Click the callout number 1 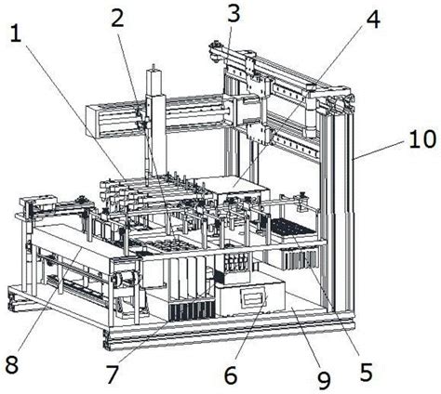click(x=16, y=33)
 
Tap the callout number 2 click(x=117, y=19)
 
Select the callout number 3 click(x=234, y=13)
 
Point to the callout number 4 click(x=373, y=19)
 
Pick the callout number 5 click(x=367, y=372)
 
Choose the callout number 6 click(x=231, y=374)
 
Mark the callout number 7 click(x=113, y=374)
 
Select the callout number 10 click(x=422, y=139)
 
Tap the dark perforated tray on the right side click(x=291, y=229)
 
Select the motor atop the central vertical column click(x=154, y=80)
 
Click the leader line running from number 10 click(x=380, y=150)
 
